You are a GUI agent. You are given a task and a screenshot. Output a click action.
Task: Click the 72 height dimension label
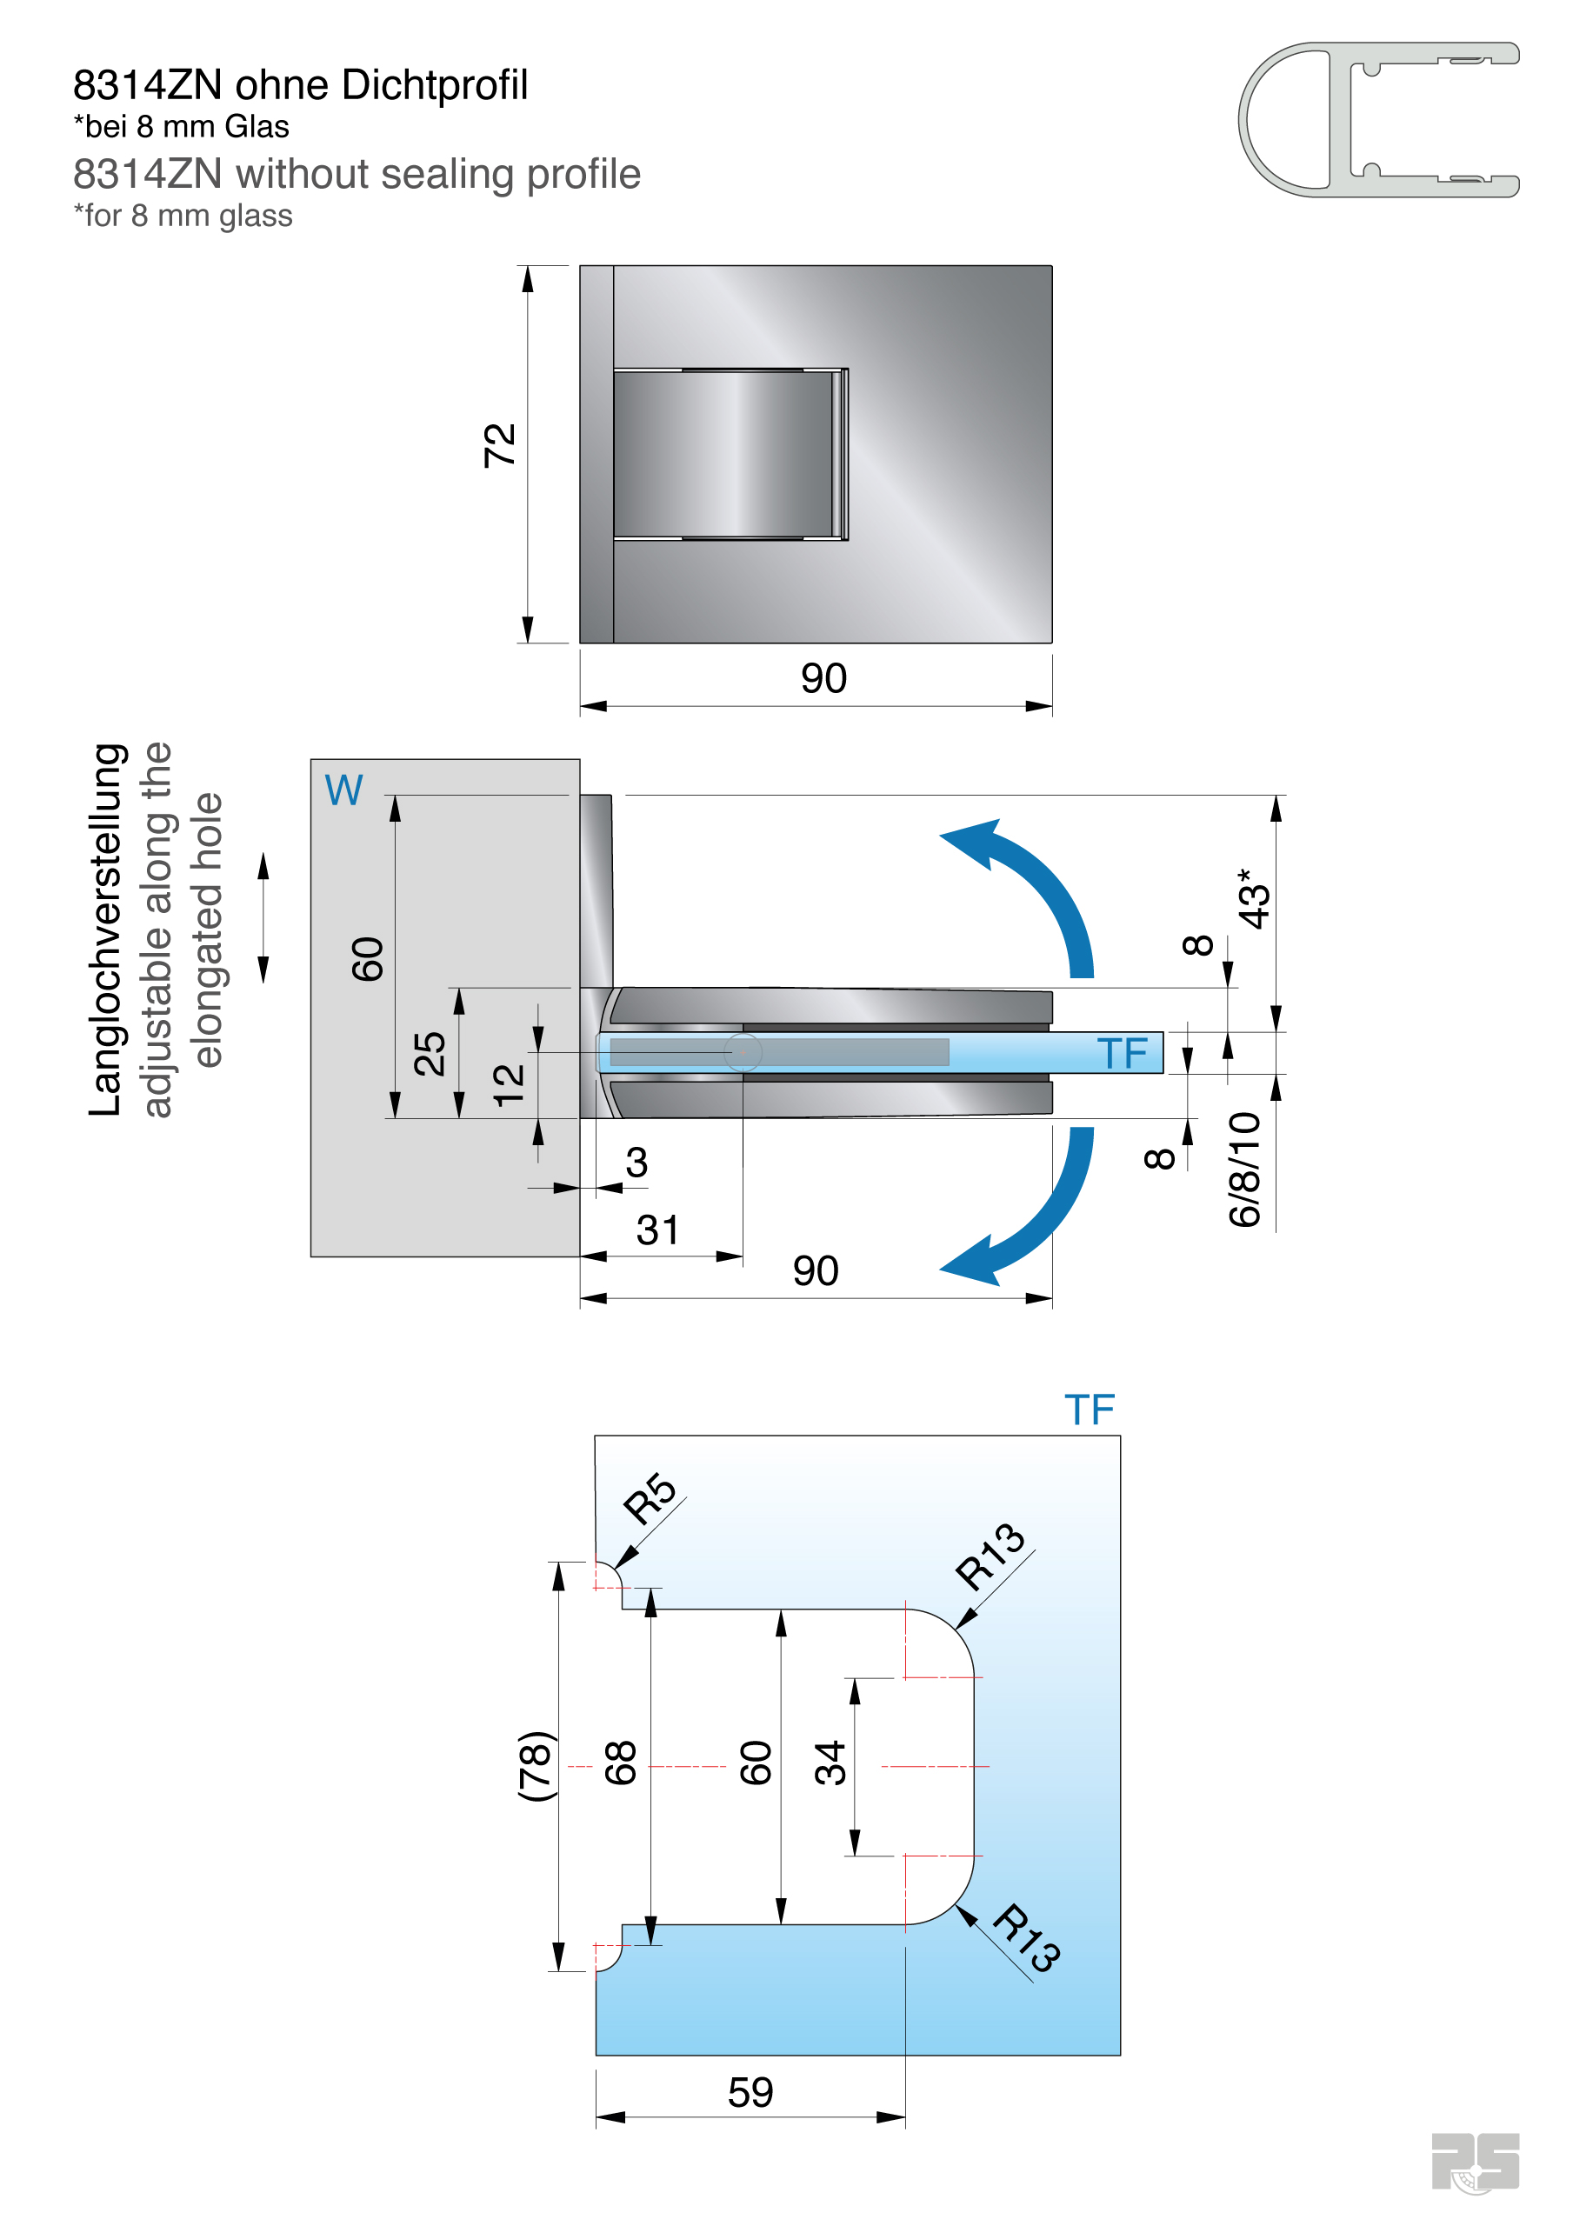pos(499,445)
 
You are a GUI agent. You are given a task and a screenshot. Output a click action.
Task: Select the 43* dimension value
pos(1253,899)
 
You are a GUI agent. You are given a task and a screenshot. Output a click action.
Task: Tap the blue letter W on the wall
pos(343,790)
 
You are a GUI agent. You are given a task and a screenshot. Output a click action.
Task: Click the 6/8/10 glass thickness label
pos(1245,1170)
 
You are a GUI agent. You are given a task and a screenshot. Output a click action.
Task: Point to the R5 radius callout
pos(650,1498)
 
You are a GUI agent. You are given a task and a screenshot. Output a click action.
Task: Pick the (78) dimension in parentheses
pos(536,1765)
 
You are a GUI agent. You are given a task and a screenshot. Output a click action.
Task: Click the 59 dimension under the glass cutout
pos(750,2092)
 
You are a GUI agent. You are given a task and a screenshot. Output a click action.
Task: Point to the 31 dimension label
pos(657,1230)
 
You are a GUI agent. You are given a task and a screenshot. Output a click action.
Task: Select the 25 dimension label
pos(430,1054)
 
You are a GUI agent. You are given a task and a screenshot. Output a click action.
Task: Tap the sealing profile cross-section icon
pos(1377,119)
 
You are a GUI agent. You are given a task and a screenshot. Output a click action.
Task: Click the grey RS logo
pos(1474,2161)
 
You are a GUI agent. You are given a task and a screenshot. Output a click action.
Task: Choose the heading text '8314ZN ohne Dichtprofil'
pos(301,85)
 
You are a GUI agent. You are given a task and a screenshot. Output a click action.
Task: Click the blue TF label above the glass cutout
pos(1089,1410)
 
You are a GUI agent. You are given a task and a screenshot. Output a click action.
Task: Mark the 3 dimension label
pos(637,1163)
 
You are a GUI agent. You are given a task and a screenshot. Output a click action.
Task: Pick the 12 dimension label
pos(508,1085)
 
